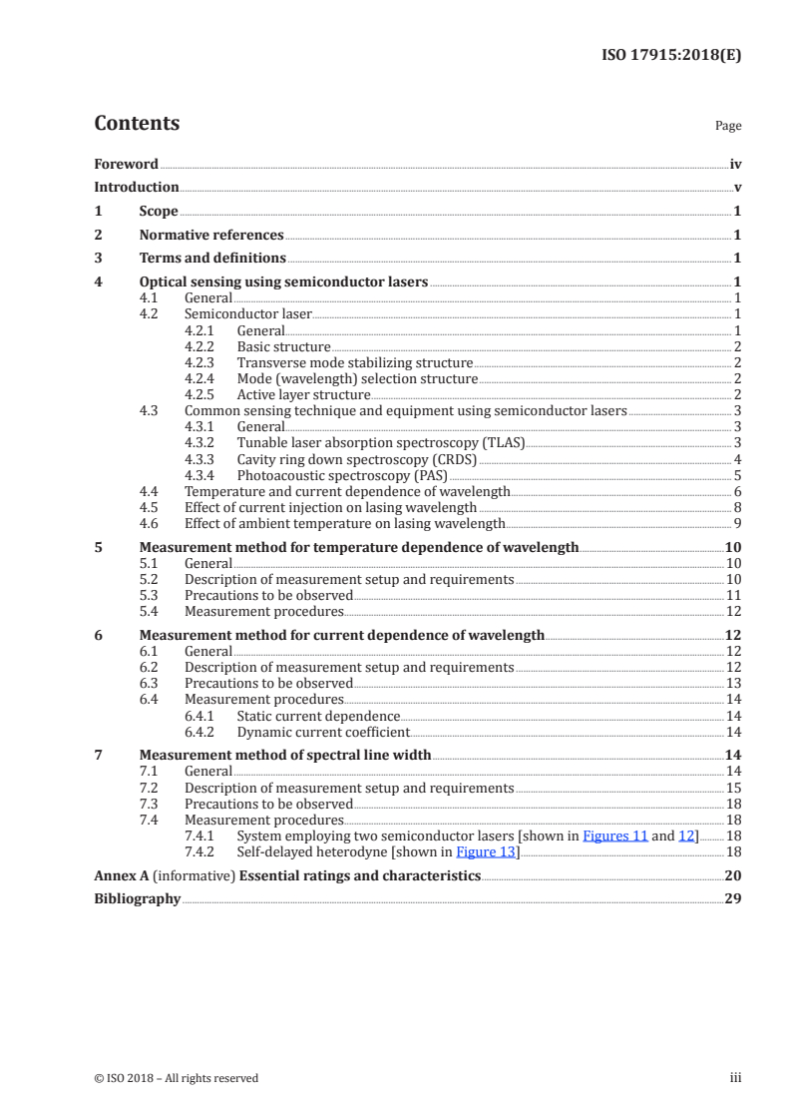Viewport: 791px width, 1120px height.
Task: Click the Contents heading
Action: [x=137, y=124]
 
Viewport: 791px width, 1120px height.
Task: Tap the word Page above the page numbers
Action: [x=728, y=126]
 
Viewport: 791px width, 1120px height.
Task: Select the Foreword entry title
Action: [x=126, y=164]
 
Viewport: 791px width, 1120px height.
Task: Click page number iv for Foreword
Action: [x=735, y=164]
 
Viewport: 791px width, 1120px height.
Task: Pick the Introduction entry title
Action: [x=137, y=187]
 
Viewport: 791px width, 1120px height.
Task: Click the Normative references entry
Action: [x=211, y=235]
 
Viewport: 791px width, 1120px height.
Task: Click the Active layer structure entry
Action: [x=289, y=394]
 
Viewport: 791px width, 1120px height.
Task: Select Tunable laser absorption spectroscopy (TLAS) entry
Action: [x=380, y=442]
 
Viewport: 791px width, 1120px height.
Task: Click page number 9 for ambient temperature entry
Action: [x=736, y=523]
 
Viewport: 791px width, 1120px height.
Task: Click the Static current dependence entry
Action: [x=318, y=716]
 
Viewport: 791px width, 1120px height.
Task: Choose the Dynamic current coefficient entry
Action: [x=323, y=732]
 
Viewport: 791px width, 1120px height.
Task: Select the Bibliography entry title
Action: [x=137, y=898]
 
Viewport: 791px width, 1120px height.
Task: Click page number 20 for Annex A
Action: [x=732, y=875]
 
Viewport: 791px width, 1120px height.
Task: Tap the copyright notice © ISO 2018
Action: [x=176, y=1078]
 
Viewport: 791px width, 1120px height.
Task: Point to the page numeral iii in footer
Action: [x=736, y=1078]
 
